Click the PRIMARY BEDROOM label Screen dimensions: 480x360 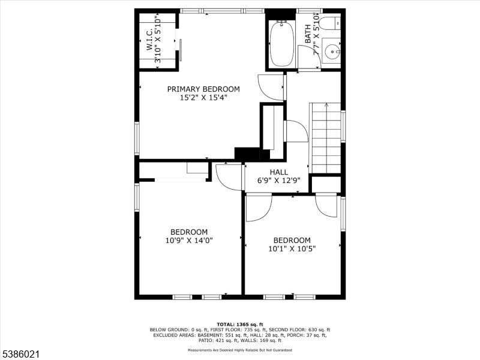pyautogui.click(x=203, y=89)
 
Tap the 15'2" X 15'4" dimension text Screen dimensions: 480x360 pyautogui.click(x=203, y=98)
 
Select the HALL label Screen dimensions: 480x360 pyautogui.click(x=278, y=172)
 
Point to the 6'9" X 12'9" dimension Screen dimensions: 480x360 pyautogui.click(x=278, y=181)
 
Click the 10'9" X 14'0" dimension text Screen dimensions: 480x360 pyautogui.click(x=189, y=241)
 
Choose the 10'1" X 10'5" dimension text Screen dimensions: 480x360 pyautogui.click(x=292, y=248)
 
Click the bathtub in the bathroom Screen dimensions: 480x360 pyautogui.click(x=282, y=43)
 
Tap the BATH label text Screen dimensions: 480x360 pyautogui.click(x=308, y=34)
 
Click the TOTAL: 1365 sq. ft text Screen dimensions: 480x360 pyautogui.click(x=240, y=324)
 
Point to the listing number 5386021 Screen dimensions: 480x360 pyautogui.click(x=20, y=355)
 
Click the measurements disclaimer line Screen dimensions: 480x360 pyautogui.click(x=240, y=350)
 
